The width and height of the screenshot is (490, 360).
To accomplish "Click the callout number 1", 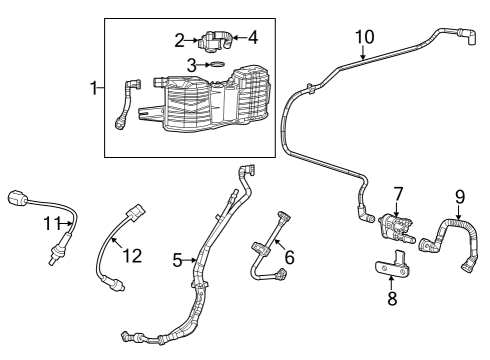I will [95, 88].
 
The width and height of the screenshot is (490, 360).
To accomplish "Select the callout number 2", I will [180, 41].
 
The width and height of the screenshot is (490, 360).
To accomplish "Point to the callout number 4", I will [252, 38].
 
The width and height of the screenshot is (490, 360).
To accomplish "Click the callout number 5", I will [177, 262].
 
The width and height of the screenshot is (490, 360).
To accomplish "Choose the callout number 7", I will [397, 192].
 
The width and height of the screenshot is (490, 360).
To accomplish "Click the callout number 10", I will [363, 38].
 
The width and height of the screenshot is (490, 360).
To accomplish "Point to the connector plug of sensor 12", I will [132, 213].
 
